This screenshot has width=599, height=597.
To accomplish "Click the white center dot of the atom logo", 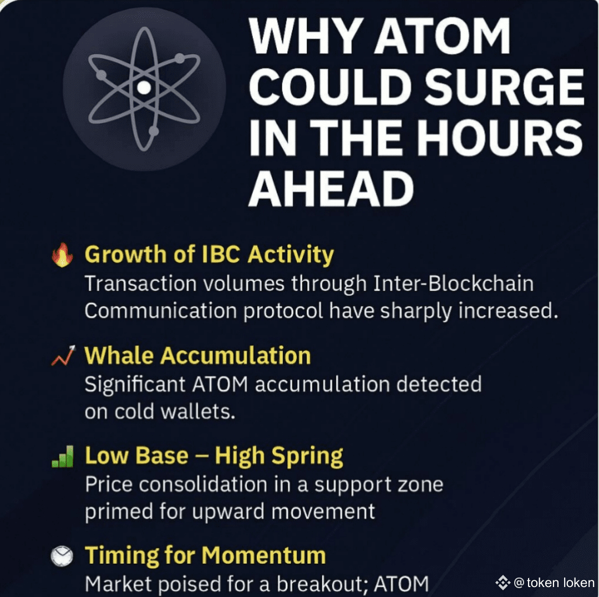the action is (144, 88).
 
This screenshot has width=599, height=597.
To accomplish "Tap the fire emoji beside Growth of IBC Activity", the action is (62, 254).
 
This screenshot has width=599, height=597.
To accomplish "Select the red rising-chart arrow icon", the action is (63, 355).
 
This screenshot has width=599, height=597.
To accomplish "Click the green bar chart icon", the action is (62, 457).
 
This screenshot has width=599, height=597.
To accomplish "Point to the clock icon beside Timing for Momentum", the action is (62, 556).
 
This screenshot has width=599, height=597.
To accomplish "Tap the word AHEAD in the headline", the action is (331, 188).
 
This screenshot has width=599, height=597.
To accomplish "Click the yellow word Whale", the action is (119, 355).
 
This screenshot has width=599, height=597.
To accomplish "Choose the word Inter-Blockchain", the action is (453, 284).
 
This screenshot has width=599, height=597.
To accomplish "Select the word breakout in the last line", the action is (322, 584).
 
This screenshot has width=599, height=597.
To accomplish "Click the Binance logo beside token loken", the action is (502, 583).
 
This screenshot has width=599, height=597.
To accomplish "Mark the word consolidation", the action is (203, 484).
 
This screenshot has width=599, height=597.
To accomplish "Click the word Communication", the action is (161, 311).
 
